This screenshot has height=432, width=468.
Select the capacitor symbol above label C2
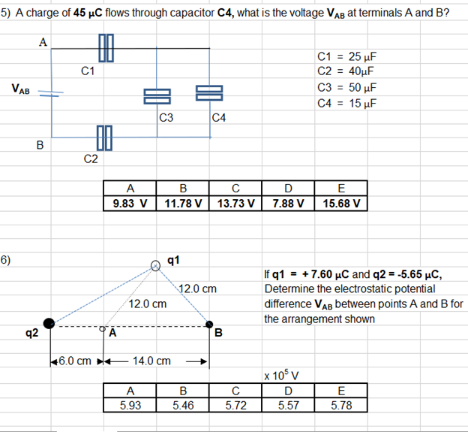pyautogui.click(x=103, y=138)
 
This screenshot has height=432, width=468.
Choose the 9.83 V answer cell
pyautogui.click(x=129, y=202)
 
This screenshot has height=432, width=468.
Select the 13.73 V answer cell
pyautogui.click(x=236, y=202)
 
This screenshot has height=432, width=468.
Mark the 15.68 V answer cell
pyautogui.click(x=342, y=202)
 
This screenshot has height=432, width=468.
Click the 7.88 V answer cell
pyautogui.click(x=289, y=202)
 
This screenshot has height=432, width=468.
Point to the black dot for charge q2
pyautogui.click(x=49, y=323)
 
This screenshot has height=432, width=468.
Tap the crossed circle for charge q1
pyautogui.click(x=156, y=264)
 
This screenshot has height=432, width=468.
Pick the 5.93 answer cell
pyautogui.click(x=130, y=404)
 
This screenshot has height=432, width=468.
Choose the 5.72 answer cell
pyautogui.click(x=236, y=404)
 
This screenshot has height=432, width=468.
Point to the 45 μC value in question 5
pyautogui.click(x=91, y=13)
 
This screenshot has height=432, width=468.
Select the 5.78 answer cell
pyautogui.click(x=342, y=404)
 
